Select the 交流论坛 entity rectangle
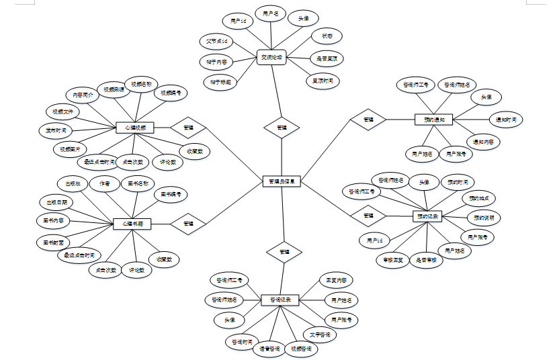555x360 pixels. (x=273, y=58)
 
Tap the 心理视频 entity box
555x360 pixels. (x=136, y=127)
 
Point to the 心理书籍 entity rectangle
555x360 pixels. (x=132, y=224)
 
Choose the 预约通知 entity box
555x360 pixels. (x=434, y=120)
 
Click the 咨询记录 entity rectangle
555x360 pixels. (x=280, y=300)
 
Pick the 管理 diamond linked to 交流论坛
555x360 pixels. (x=282, y=127)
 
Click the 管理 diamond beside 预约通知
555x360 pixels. (x=368, y=120)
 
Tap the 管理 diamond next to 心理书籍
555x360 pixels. (x=188, y=224)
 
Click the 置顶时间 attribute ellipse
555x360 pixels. (x=323, y=81)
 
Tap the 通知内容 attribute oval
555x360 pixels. (x=484, y=142)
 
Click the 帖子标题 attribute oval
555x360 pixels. (x=221, y=83)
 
